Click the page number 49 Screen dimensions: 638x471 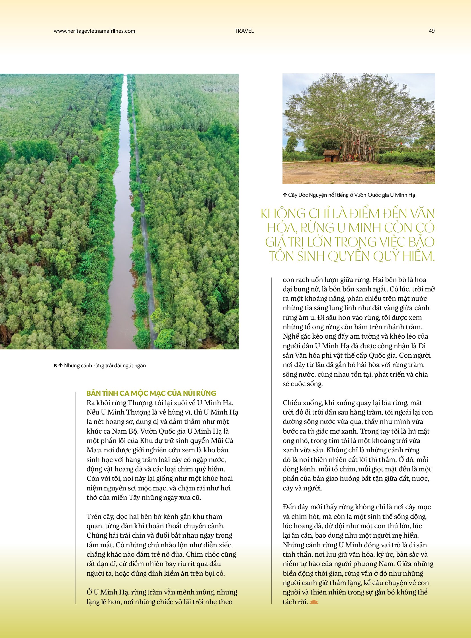431,31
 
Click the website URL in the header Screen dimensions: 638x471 94,31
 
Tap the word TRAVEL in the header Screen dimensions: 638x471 244,31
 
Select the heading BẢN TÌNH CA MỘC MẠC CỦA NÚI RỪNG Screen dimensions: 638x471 151,393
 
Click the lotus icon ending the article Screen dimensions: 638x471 314,602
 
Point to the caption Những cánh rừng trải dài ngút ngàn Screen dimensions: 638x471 105,366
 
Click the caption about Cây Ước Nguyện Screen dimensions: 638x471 351,195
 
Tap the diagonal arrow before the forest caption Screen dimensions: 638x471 56,365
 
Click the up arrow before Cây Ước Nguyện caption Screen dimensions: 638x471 284,195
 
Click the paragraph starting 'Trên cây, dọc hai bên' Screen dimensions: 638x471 161,545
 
